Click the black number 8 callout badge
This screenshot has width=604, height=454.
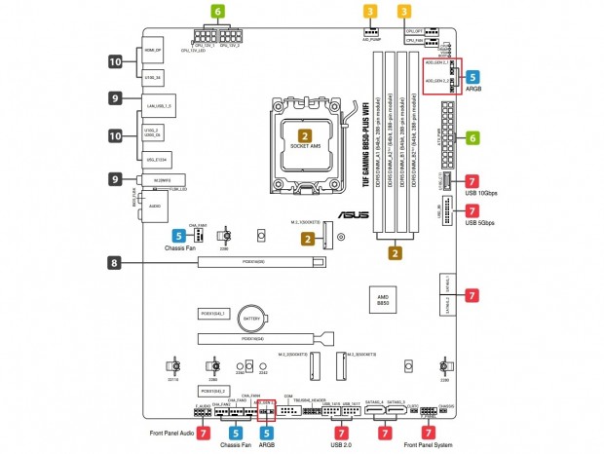point(115,262)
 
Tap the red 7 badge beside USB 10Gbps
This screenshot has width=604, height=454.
point(472,181)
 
